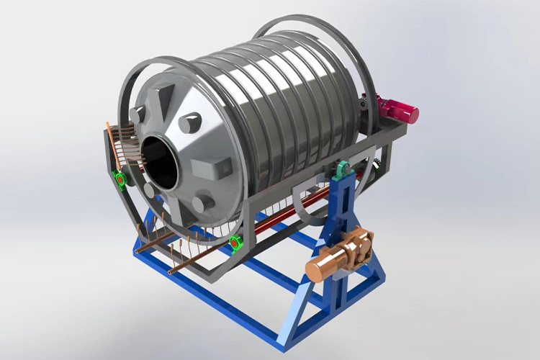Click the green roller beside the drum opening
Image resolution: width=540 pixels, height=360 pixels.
pyautogui.click(x=120, y=178)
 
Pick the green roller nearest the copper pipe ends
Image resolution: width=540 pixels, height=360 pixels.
pyautogui.click(x=235, y=245)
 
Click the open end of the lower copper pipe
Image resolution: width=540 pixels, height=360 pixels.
pyautogui.click(x=171, y=273)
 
